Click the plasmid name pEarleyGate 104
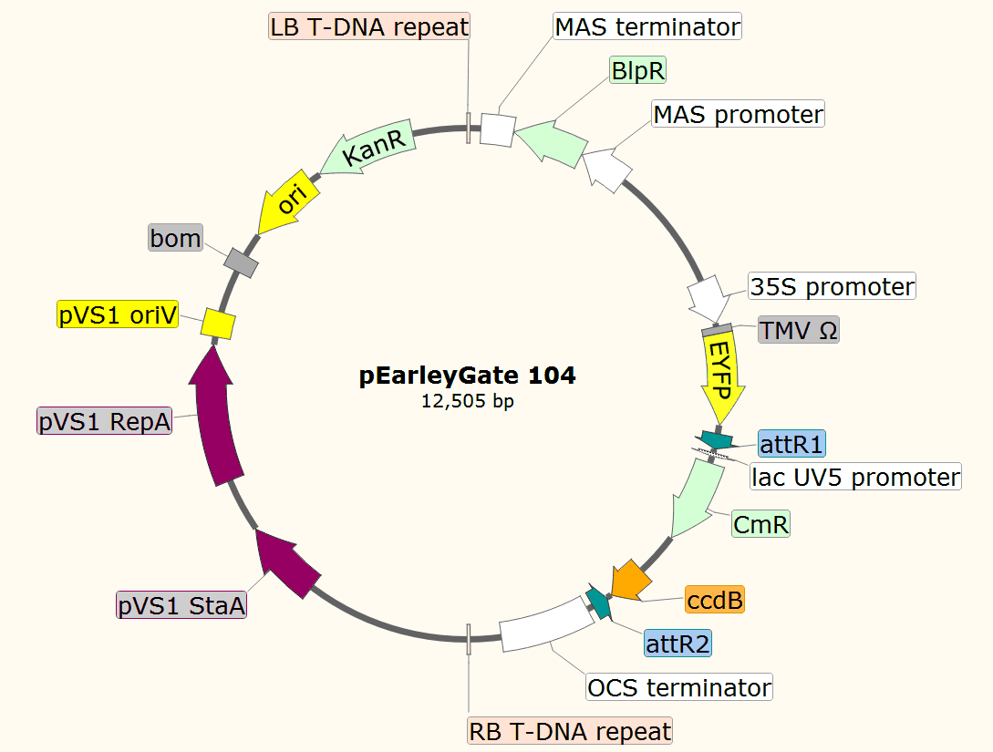[x=468, y=375]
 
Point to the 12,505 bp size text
[x=468, y=400]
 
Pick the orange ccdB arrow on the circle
[x=629, y=579]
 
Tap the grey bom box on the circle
[x=242, y=262]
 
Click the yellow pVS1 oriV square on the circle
[x=218, y=323]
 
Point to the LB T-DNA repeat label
[x=369, y=26]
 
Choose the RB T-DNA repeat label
[x=570, y=730]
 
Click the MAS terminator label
[x=647, y=26]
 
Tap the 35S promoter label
[x=831, y=286]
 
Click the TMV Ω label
[x=798, y=330]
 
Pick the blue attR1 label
[x=791, y=444]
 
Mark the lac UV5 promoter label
[x=855, y=476]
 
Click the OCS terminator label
[x=679, y=686]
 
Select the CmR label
[x=760, y=524]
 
